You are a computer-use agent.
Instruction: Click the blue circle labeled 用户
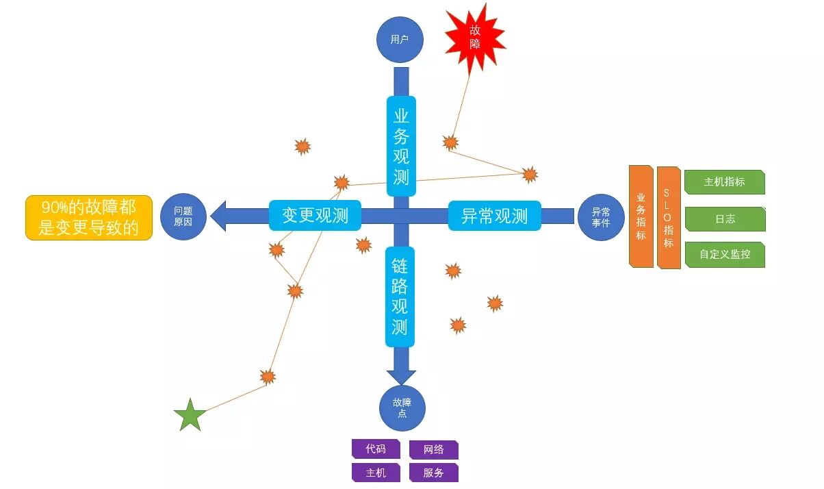click(x=400, y=40)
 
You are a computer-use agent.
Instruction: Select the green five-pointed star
click(x=190, y=415)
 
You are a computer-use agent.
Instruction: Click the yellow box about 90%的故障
click(x=89, y=218)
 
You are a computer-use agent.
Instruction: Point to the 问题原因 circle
click(x=183, y=216)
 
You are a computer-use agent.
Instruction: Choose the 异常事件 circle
click(x=601, y=217)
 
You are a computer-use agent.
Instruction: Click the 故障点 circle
click(x=402, y=408)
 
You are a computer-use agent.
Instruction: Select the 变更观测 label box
click(x=315, y=216)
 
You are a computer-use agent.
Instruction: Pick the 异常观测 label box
click(x=494, y=216)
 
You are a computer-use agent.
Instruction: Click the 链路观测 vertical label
click(x=400, y=296)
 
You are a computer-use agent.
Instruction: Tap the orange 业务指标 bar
click(x=641, y=216)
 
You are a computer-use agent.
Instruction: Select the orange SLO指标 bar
click(x=668, y=216)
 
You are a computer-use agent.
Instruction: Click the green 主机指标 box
click(x=724, y=182)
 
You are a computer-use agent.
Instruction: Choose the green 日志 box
click(x=724, y=219)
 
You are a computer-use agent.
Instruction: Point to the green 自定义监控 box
click(x=724, y=254)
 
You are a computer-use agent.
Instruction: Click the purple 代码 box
click(x=376, y=449)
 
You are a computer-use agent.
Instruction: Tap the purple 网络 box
click(x=433, y=450)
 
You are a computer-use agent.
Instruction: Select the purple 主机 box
click(x=376, y=473)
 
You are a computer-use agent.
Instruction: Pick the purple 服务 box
click(x=433, y=473)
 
